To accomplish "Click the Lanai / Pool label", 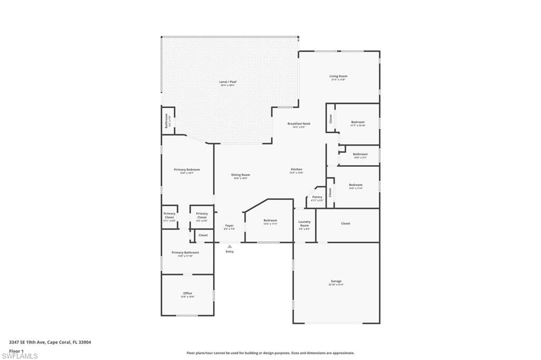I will point(228,82).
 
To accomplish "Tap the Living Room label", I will point(338,77).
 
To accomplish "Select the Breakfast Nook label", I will point(299,124).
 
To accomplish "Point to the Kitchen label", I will point(296,169).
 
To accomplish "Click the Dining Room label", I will point(240,175).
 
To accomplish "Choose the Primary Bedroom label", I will point(186,169).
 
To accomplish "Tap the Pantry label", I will point(317,197).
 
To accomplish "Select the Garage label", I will point(336,281).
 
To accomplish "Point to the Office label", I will point(188,293).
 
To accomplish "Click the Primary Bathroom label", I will point(185,253).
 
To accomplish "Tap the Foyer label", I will point(229,226).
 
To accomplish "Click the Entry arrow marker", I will point(229,245).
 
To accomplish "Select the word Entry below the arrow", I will point(229,251).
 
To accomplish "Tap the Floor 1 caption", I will point(16,350).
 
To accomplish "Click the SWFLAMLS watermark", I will point(20,356).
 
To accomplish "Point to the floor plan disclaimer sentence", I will point(270,353).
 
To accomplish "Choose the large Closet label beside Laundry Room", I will point(346,223).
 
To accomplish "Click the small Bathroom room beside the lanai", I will point(167,120).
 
